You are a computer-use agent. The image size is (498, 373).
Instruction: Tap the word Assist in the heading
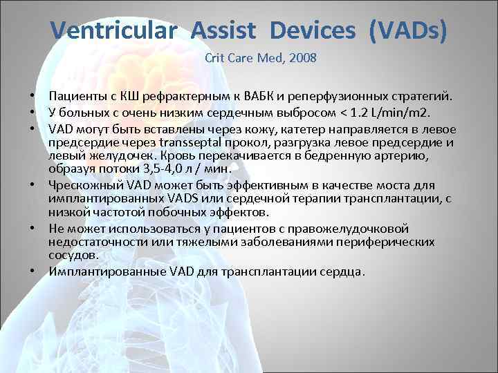click(x=224, y=30)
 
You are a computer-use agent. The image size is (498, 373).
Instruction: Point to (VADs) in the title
click(x=408, y=30)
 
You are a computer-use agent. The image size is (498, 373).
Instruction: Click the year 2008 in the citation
click(x=303, y=58)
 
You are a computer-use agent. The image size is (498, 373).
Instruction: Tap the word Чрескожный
click(x=80, y=186)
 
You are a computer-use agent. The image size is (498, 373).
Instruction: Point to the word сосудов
click(x=73, y=255)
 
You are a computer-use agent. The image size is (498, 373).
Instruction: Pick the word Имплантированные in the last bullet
click(x=95, y=271)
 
